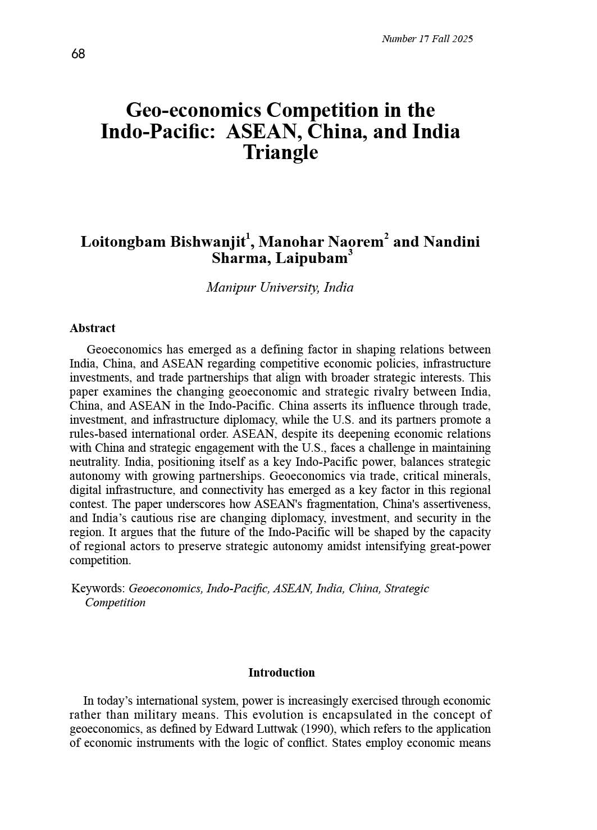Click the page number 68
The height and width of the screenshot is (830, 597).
click(x=78, y=54)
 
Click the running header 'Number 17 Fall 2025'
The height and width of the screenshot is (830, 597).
click(x=427, y=39)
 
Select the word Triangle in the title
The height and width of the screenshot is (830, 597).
click(x=280, y=152)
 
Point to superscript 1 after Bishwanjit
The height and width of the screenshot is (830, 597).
click(x=248, y=237)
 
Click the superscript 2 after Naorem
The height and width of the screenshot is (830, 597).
click(x=386, y=237)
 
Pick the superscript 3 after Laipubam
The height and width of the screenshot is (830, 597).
click(x=350, y=253)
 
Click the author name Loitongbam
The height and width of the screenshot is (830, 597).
click(x=122, y=242)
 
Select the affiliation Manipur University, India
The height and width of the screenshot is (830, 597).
click(x=280, y=288)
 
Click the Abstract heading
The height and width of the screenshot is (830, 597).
click(x=92, y=328)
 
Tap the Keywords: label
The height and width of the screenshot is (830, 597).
click(x=98, y=588)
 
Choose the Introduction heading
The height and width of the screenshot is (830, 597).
click(x=281, y=673)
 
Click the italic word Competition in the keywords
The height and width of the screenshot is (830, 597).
click(x=115, y=602)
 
